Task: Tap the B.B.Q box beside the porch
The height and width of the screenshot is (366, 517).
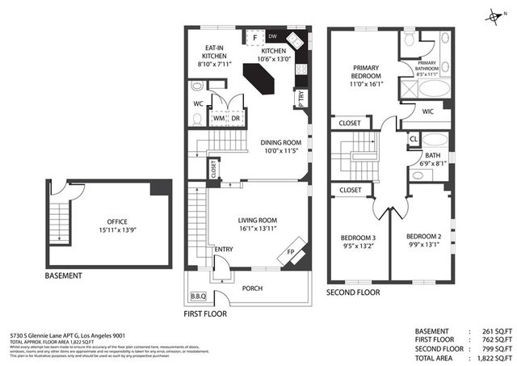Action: [197, 296]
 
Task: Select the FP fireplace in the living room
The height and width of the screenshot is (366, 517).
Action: [291, 251]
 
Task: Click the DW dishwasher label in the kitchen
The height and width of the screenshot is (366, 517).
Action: [273, 37]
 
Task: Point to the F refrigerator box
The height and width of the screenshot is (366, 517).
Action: [255, 37]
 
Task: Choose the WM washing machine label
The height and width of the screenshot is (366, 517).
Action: [217, 119]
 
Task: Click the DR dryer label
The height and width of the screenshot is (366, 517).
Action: [234, 119]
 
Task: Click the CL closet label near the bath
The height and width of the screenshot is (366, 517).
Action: [413, 138]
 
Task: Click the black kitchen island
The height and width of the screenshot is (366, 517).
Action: [260, 81]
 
